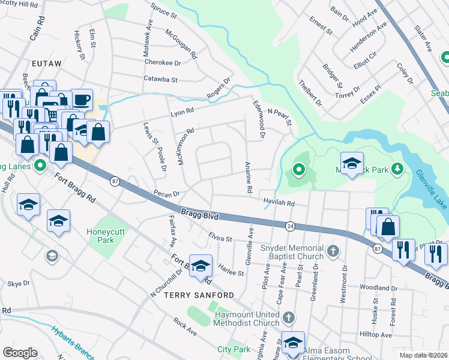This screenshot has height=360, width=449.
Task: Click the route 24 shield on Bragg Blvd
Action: pyautogui.click(x=290, y=226)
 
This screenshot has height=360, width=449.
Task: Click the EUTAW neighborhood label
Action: pyautogui.click(x=49, y=62)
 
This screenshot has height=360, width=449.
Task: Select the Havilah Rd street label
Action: pyautogui.click(x=279, y=203)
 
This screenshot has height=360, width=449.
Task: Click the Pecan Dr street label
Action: pyautogui.click(x=166, y=194)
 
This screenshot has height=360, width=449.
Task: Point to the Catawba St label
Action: pyautogui.click(x=160, y=79)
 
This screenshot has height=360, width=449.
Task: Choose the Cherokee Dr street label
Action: pyautogui.click(x=161, y=62)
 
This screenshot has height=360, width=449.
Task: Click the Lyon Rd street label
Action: pyautogui.click(x=182, y=111)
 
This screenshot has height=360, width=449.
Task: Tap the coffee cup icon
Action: pyautogui.click(x=82, y=100)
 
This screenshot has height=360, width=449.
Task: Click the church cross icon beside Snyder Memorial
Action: pyautogui.click(x=334, y=250)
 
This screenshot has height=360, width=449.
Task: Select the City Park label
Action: pyautogui.click(x=234, y=349)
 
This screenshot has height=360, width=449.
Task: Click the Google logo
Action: pyautogui.click(x=20, y=353)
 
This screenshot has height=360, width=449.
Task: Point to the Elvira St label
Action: pyautogui.click(x=220, y=239)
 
